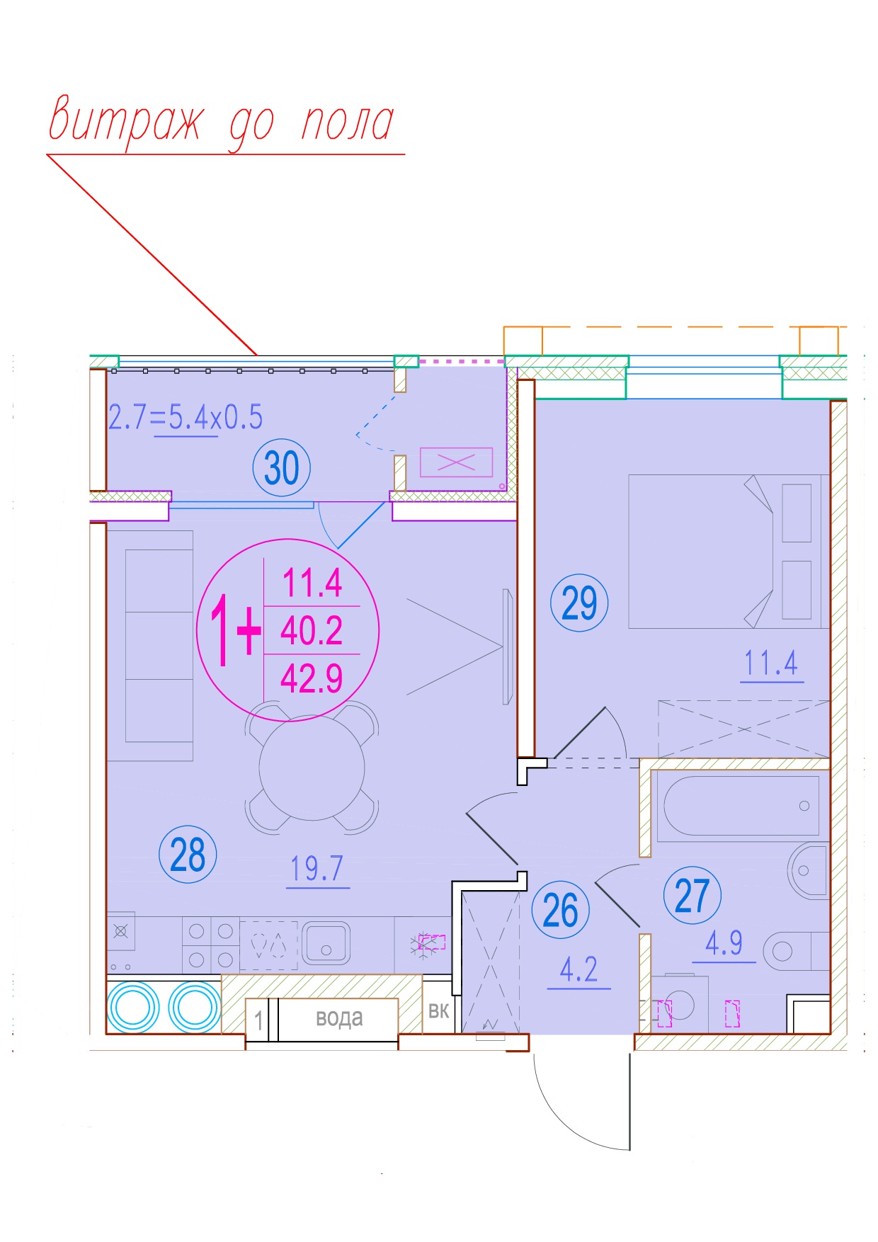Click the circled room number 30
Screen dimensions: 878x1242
282,468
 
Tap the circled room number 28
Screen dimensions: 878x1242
188,855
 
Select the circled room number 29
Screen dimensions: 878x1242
579,603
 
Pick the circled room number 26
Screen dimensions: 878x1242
560,910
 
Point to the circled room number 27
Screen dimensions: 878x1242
692,896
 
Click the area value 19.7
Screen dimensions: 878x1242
317,869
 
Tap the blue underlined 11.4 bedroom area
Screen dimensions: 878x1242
771,663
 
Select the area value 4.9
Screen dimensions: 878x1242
724,942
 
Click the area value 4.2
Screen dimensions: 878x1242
578,969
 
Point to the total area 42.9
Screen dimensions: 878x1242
312,678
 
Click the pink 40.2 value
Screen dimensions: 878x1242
312,630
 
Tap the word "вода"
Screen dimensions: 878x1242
339,1018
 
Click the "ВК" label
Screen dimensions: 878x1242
438,1010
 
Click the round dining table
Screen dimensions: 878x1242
312,768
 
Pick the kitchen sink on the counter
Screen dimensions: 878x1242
326,943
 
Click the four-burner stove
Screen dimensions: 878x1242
211,945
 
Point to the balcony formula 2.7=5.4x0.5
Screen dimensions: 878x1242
186,417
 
